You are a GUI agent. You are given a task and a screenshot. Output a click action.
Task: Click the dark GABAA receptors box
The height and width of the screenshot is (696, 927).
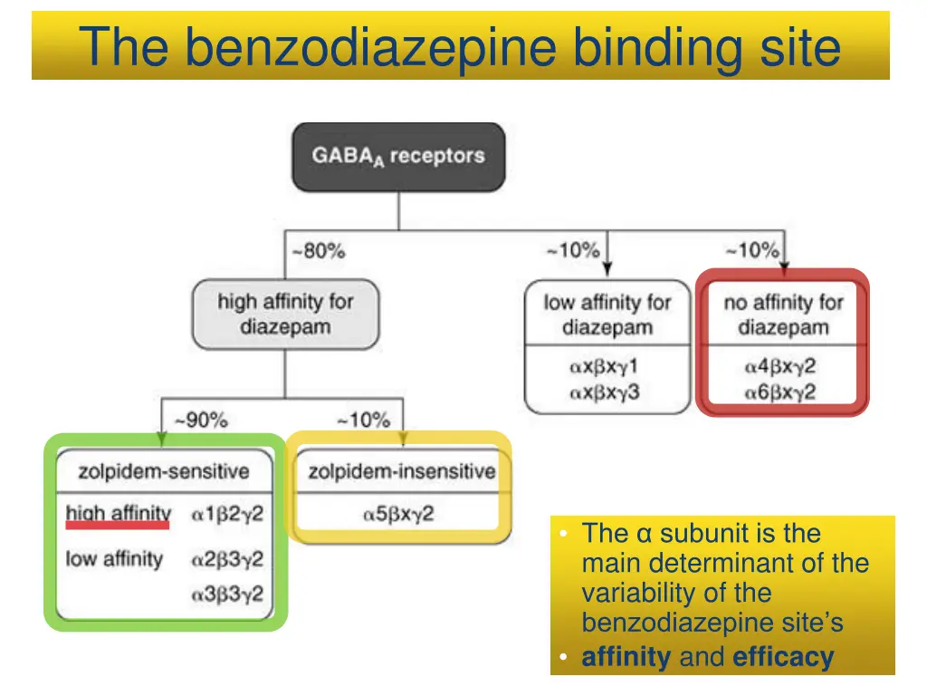tap(398, 156)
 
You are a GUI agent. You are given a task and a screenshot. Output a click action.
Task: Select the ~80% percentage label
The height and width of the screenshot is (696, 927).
tap(319, 251)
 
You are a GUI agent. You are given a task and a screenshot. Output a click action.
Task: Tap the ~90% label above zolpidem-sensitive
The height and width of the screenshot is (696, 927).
tap(201, 420)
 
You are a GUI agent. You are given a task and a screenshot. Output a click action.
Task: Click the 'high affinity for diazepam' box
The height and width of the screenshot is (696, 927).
tap(285, 314)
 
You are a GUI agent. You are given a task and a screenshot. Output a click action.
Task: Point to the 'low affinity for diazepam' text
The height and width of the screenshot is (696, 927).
tap(607, 314)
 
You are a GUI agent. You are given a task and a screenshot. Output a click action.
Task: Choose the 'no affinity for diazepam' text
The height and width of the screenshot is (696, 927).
tap(783, 314)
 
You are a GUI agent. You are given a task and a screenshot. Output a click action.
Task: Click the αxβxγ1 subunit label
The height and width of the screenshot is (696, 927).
tap(604, 367)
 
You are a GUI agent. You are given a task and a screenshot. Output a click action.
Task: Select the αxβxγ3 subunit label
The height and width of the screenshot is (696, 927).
tap(604, 392)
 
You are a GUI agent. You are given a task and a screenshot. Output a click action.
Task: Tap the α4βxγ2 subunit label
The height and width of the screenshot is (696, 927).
tap(780, 367)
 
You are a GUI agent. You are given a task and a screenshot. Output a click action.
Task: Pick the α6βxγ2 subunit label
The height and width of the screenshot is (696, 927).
tap(780, 392)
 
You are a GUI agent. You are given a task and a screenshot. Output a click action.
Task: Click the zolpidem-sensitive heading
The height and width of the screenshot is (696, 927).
tap(164, 471)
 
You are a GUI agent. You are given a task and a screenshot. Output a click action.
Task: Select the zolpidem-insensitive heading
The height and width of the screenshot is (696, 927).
tap(401, 471)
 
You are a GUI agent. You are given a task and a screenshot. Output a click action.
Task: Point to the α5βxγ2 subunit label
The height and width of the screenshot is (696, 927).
tap(398, 514)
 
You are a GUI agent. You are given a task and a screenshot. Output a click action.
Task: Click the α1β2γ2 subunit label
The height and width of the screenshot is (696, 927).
tap(226, 515)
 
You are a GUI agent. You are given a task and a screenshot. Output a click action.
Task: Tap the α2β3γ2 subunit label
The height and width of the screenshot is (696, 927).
tap(226, 559)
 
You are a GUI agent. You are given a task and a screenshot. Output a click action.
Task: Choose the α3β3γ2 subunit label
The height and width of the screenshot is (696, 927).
tap(226, 594)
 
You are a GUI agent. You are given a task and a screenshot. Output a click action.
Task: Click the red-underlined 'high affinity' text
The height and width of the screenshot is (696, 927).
tap(118, 515)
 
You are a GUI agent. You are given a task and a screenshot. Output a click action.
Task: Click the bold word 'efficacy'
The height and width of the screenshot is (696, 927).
tap(783, 657)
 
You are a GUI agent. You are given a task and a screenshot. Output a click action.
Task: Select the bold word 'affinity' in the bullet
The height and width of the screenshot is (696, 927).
tap(626, 657)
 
